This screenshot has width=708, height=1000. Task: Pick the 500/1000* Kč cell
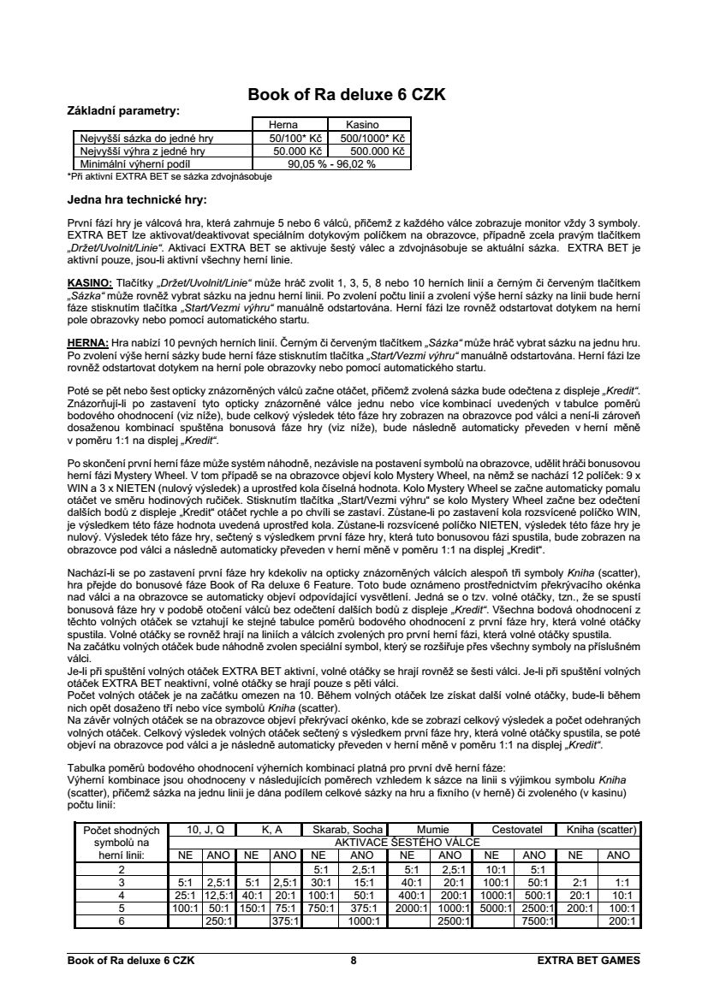point(372,137)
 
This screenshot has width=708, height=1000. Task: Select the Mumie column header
point(432,830)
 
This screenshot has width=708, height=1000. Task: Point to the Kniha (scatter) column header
point(597,830)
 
